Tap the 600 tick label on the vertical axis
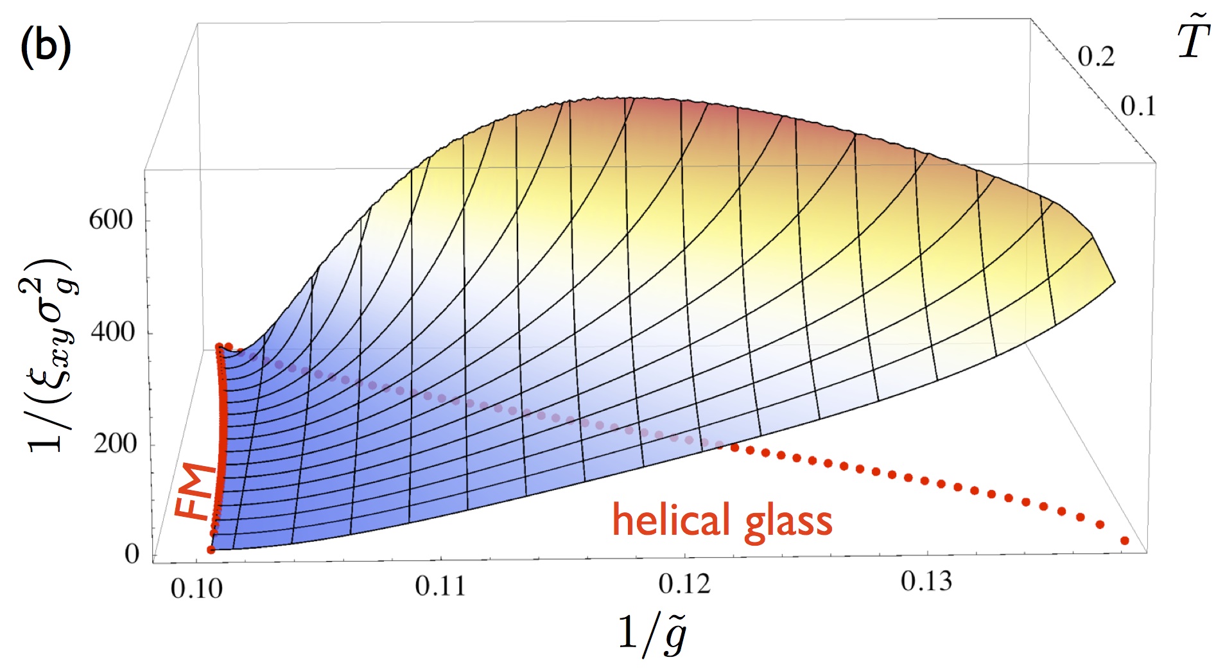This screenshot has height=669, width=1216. pyautogui.click(x=110, y=220)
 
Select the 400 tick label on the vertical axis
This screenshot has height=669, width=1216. pyautogui.click(x=113, y=333)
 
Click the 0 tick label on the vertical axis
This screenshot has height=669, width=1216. pyautogui.click(x=132, y=553)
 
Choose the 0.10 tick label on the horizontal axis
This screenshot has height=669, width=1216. pyautogui.click(x=196, y=588)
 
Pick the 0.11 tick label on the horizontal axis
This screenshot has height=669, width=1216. pyautogui.click(x=440, y=586)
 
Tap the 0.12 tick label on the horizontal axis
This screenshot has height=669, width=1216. pyautogui.click(x=685, y=583)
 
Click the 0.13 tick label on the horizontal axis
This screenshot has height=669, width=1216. pyautogui.click(x=926, y=581)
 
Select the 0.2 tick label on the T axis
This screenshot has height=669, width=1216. pyautogui.click(x=1096, y=56)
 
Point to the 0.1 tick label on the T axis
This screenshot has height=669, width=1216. pyautogui.click(x=1138, y=107)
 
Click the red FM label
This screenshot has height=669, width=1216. pyautogui.click(x=196, y=491)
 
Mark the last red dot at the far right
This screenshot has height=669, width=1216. pyautogui.click(x=1124, y=541)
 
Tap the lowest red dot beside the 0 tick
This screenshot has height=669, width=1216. pyautogui.click(x=211, y=550)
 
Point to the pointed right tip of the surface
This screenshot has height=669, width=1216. pyautogui.click(x=1114, y=281)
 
